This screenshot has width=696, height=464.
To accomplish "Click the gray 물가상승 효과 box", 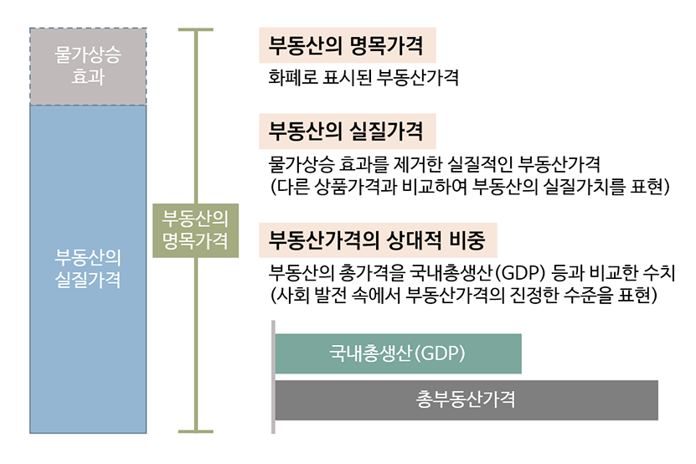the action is (x=88, y=67).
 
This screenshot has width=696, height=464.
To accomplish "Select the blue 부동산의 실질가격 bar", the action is (x=88, y=269).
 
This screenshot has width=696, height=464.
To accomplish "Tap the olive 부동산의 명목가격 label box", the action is (x=196, y=230).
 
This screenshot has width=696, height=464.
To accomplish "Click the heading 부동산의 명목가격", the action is (x=346, y=45).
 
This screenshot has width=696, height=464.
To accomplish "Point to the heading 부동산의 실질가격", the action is (x=346, y=131).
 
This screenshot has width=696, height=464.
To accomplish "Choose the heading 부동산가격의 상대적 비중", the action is (x=377, y=240).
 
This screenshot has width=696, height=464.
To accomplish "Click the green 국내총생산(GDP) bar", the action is (x=398, y=353).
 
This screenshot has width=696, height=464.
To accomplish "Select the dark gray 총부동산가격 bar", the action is (x=467, y=400).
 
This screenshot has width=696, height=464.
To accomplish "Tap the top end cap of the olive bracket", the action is (x=196, y=30).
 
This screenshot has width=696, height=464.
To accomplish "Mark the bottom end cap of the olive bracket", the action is (x=196, y=431).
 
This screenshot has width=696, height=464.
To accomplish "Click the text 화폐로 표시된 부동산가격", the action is (x=363, y=77).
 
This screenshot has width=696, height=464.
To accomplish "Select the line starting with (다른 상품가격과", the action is (x=470, y=187).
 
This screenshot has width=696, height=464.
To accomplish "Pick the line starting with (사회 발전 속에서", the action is (x=463, y=295).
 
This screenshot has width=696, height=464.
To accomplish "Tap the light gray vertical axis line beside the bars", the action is (x=273, y=377).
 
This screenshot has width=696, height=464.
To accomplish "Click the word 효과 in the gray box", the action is (x=88, y=77).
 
